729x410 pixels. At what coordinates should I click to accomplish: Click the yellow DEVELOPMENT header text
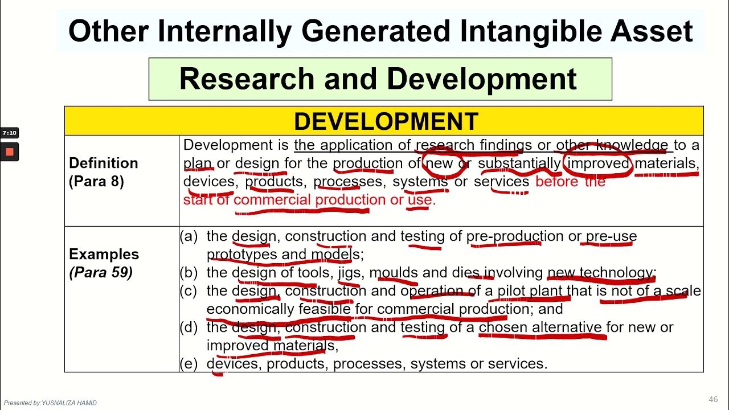pyautogui.click(x=385, y=121)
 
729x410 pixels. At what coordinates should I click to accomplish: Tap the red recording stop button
pyautogui.click(x=9, y=152)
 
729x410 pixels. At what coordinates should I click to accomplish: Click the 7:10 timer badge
pyautogui.click(x=9, y=133)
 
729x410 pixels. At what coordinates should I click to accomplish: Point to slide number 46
pyautogui.click(x=713, y=399)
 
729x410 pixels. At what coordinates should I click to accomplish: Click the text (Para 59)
pyautogui.click(x=101, y=272)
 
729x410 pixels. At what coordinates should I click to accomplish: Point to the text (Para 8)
pyautogui.click(x=96, y=181)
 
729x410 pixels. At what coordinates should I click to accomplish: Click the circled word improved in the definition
pyautogui.click(x=599, y=163)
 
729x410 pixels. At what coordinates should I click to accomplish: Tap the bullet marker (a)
pyautogui.click(x=189, y=236)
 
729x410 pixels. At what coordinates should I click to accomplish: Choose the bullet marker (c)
pyautogui.click(x=189, y=290)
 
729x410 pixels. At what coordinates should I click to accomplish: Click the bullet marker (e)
pyautogui.click(x=189, y=363)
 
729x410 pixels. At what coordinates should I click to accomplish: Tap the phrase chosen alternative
pyautogui.click(x=540, y=327)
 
